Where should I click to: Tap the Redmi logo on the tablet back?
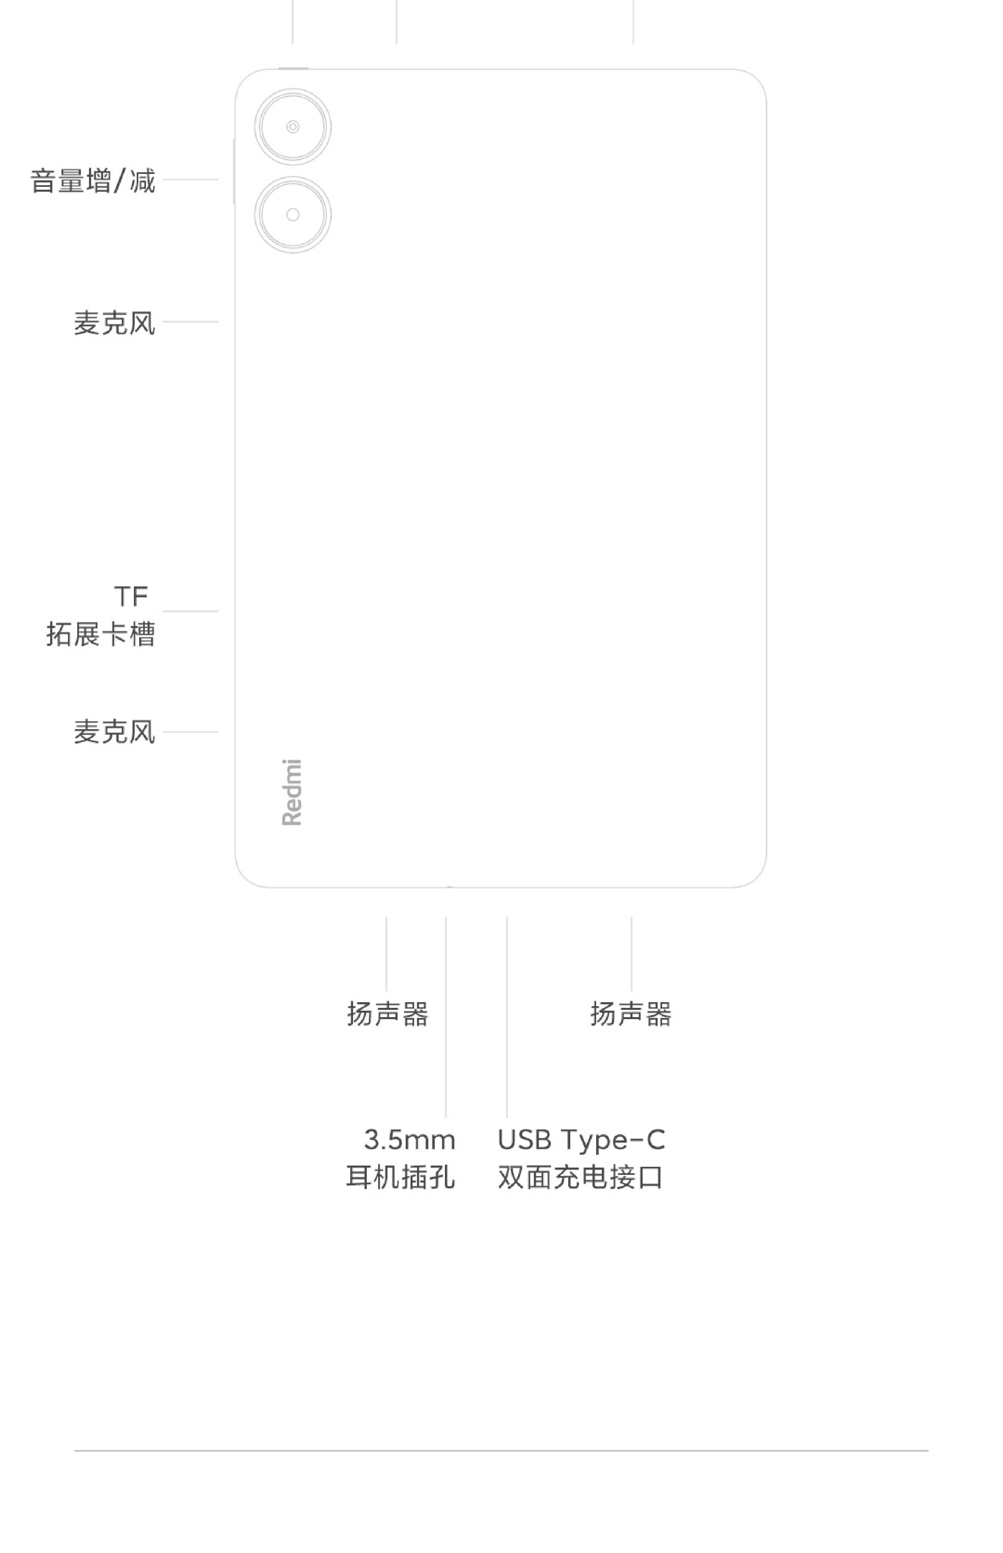[292, 792]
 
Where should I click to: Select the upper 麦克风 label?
[114, 323]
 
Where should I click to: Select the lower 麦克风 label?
[114, 732]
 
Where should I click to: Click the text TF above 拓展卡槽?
[131, 596]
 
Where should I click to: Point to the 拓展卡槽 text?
[101, 634]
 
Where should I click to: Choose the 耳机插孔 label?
[400, 1176]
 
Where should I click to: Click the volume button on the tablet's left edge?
[233, 171]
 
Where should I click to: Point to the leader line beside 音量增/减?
[190, 179]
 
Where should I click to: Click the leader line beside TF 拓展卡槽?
[190, 611]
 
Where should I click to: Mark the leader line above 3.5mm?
[446, 1016]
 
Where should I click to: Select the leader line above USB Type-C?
[507, 1016]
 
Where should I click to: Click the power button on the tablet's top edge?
[293, 68]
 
